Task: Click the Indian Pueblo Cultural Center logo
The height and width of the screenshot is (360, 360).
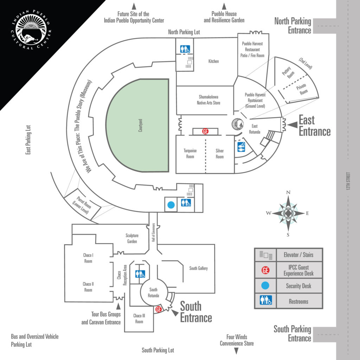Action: coord(31,30)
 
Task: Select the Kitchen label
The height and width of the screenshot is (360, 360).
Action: coord(213,61)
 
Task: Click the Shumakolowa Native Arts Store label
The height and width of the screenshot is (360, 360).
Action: coord(208,100)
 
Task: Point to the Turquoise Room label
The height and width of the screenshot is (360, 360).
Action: coord(190,154)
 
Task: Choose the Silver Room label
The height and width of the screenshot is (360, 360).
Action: coord(220,154)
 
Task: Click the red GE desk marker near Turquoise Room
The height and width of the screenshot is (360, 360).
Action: coord(205,131)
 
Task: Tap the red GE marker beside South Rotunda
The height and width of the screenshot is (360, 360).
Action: coord(159,309)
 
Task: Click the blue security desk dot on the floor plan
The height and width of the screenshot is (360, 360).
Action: coord(171,205)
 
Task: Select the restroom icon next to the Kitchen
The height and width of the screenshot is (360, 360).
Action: coord(185,49)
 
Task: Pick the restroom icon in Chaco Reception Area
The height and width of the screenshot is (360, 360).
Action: coord(140,274)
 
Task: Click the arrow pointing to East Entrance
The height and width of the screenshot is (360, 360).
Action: coord(292,125)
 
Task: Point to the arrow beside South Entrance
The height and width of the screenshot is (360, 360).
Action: coord(175,313)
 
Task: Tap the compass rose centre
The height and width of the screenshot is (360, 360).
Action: coord(288,213)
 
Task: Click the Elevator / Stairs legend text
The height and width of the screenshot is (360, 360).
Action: coord(298,255)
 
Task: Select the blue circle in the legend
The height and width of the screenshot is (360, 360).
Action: coord(265,285)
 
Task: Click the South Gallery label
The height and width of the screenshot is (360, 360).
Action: coord(198,268)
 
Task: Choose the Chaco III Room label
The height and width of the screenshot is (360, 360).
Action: coord(139,319)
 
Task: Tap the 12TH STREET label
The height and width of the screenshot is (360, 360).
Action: coord(348,181)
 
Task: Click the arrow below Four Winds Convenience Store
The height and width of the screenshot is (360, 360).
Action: coord(236,351)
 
